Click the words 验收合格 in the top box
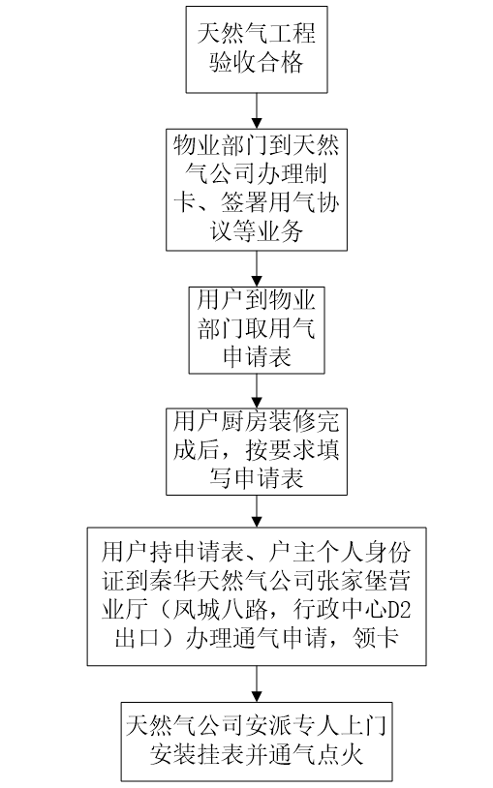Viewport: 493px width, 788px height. [x=257, y=63]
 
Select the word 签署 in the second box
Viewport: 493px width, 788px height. [x=244, y=202]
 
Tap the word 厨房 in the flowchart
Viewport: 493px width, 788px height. [x=244, y=421]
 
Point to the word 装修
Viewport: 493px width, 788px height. [x=292, y=421]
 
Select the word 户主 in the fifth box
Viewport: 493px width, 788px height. [x=292, y=552]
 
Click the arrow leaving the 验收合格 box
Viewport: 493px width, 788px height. [x=257, y=110]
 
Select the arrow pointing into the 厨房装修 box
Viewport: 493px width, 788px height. [x=257, y=391]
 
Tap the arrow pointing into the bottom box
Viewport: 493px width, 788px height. [x=257, y=684]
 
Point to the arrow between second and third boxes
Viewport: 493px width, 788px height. [x=257, y=269]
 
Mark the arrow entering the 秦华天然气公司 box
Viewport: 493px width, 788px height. [x=257, y=511]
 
